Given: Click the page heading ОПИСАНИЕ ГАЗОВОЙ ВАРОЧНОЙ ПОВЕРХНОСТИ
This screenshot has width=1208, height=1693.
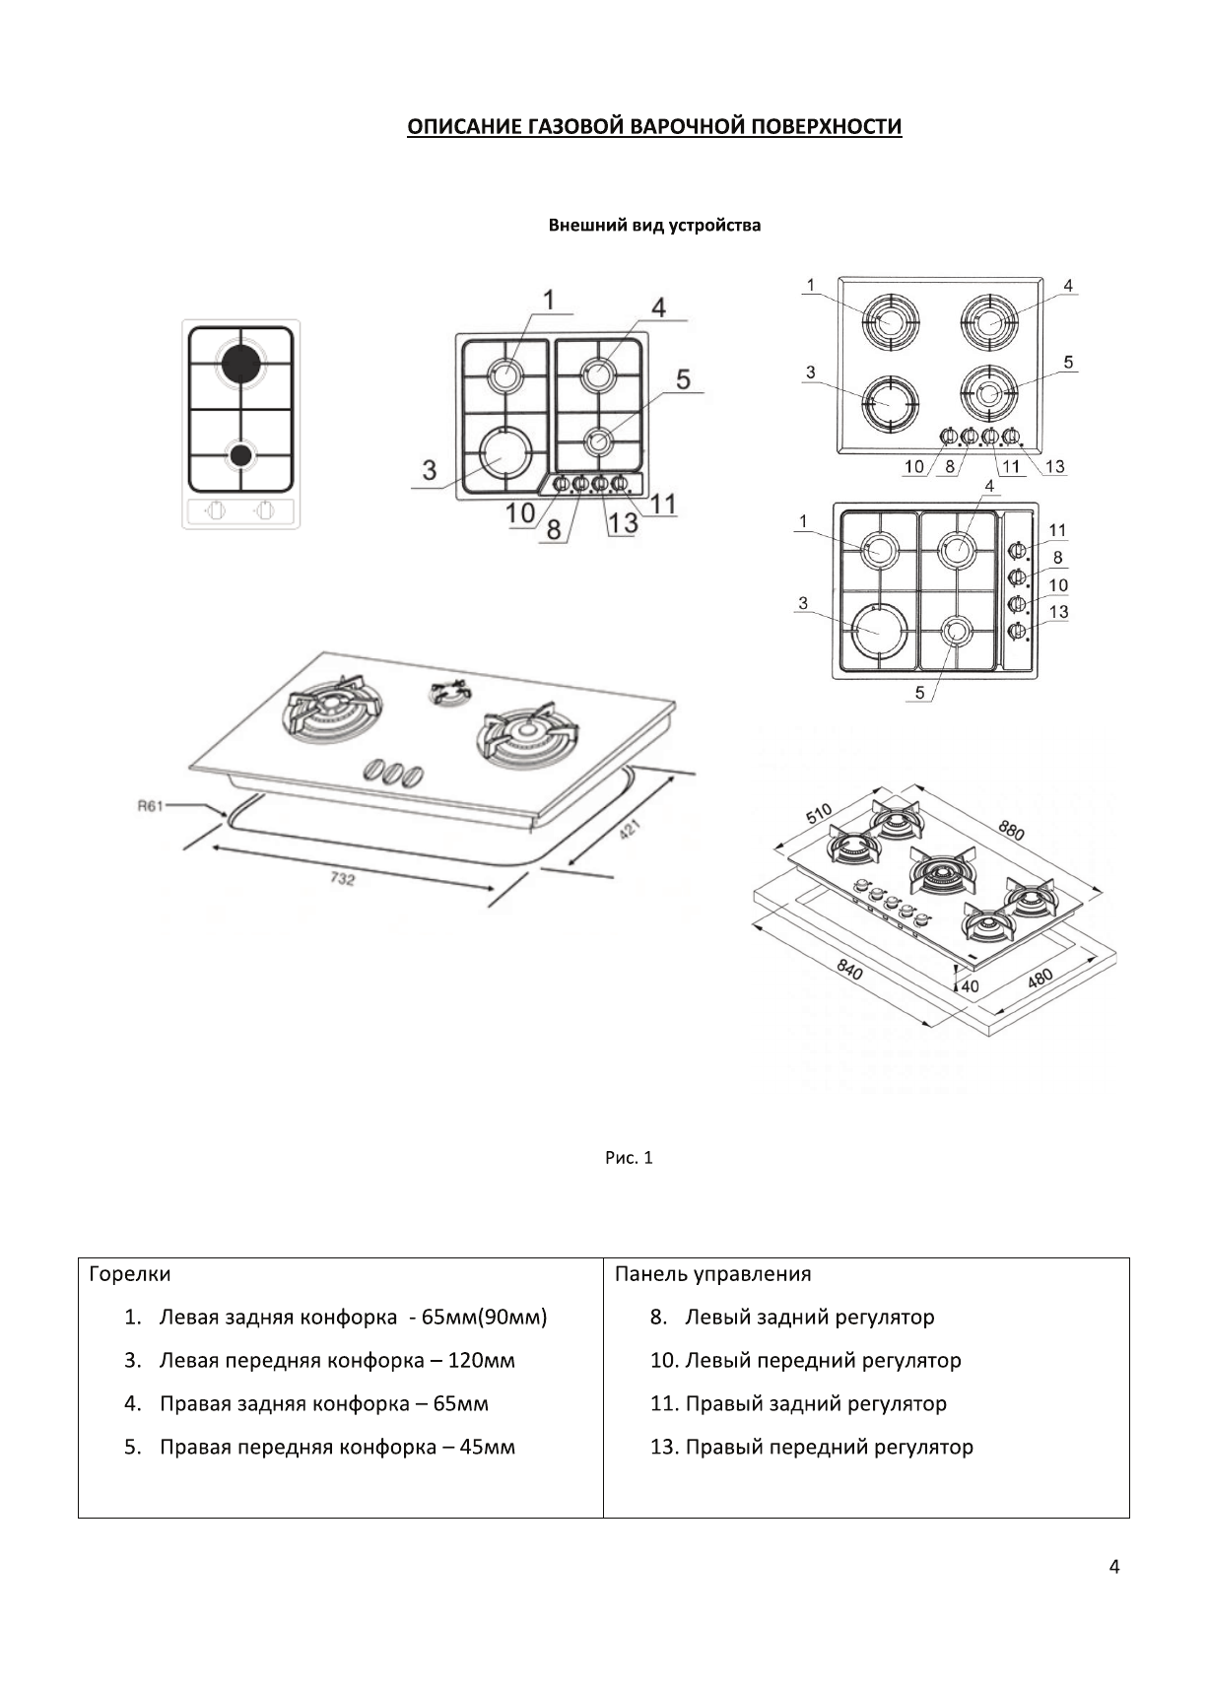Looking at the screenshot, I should pos(654,127).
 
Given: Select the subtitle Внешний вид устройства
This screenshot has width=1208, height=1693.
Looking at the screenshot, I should pos(654,226).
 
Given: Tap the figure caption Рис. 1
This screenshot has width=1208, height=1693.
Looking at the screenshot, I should pos(629,1157).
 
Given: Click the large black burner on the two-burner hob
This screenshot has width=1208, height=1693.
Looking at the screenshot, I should pos(240,364).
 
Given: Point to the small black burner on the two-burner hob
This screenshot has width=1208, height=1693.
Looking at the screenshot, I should pos(239,455).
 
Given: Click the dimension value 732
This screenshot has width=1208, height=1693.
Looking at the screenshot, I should pos(341,878).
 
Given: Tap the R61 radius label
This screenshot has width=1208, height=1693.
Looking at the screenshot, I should pos(149,806).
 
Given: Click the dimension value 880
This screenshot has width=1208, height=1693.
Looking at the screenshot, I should pos(1011,830).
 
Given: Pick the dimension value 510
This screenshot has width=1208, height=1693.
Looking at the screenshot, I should pos(819,814).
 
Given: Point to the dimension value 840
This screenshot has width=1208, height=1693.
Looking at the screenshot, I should pos(849,971).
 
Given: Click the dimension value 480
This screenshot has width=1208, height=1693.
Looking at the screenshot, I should pos(1040,978).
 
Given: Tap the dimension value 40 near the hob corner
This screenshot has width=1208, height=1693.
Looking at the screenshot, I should pos(970,985).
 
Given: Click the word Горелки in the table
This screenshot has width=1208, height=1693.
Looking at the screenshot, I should pos(129,1273).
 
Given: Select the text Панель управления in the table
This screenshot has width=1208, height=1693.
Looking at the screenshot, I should pos(712,1273).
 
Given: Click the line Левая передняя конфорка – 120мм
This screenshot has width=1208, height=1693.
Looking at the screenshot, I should pos(336,1360).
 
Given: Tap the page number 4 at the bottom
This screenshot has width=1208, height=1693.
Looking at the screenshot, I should pos(1114,1566).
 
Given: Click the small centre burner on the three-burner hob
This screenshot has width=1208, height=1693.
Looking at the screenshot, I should pos(447,693).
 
